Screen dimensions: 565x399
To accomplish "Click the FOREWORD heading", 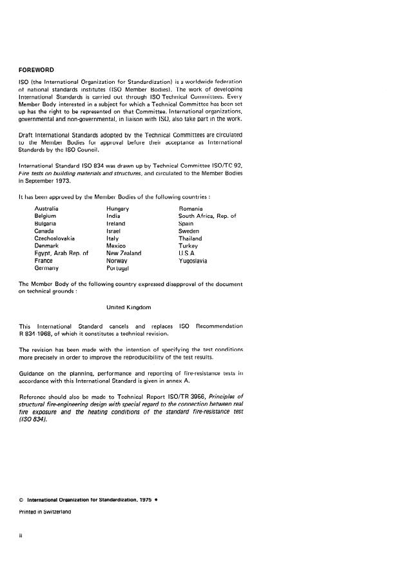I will tap(37, 69).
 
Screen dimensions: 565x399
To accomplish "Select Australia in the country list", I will tap(46, 209).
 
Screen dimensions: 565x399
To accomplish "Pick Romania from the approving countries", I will tap(191, 209).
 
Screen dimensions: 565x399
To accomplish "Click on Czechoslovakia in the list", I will tap(55, 238).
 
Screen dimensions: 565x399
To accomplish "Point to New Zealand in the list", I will tap(124, 253).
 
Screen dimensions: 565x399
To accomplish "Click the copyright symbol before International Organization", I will tap(21, 499).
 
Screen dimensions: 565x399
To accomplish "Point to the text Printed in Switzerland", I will tap(44, 511).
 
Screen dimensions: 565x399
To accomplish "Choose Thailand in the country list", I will tap(191, 238).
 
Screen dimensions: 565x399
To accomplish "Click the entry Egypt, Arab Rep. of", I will tap(61, 253).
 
